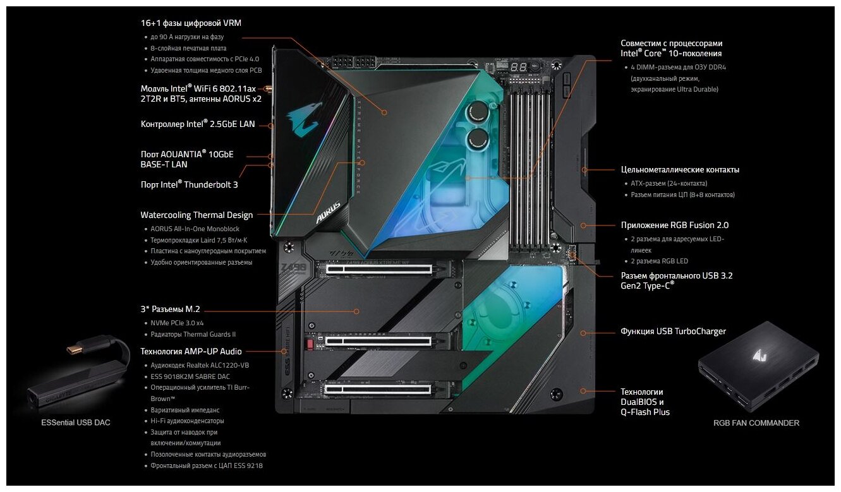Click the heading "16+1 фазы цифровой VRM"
click(x=191, y=23)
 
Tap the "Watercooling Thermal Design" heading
click(x=197, y=215)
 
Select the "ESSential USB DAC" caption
click(x=75, y=423)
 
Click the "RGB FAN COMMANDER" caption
click(x=756, y=423)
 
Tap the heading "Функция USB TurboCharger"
click(x=673, y=332)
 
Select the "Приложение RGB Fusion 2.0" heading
click(x=670, y=225)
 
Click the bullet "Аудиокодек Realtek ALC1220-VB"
click(x=200, y=366)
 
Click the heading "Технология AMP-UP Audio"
click(x=191, y=351)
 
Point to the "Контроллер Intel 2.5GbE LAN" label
click(x=198, y=124)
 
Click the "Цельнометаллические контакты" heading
click(x=680, y=169)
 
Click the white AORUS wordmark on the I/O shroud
click(x=329, y=213)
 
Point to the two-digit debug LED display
click(x=520, y=67)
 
